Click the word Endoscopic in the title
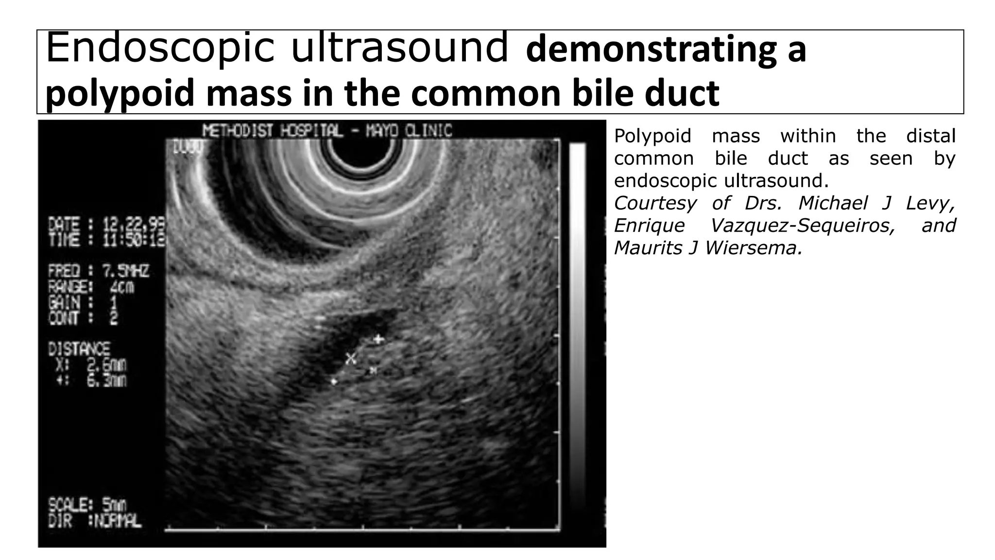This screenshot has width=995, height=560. coord(160,49)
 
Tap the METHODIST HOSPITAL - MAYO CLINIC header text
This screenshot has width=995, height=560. coord(326,131)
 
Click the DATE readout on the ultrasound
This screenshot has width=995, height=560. coord(106,226)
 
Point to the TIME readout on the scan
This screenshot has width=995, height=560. coord(106,240)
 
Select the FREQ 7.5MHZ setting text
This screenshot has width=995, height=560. coord(98,271)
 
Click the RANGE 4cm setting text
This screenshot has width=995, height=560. coord(91,287)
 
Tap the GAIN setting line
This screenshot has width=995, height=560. coord(83,303)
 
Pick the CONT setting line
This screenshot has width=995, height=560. coord(83,318)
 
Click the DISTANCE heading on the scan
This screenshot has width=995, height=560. coord(79,349)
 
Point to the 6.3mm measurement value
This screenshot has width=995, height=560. coord(106,380)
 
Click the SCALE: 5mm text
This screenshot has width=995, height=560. coord(87,505)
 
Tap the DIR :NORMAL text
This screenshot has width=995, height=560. coord(95,521)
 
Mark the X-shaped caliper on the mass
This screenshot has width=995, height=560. coord(350,359)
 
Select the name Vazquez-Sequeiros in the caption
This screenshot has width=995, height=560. coord(802,226)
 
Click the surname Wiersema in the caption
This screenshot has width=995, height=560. coord(753,248)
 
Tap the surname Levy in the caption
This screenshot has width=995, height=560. coord(930,203)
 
